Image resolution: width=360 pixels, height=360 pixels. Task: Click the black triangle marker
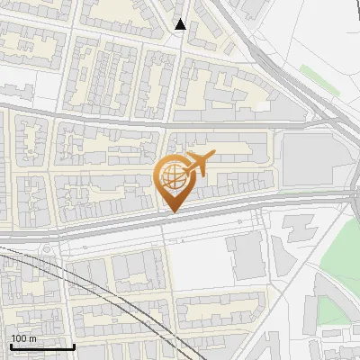click(x=180, y=24)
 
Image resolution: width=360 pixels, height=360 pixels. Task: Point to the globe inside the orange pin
click(x=172, y=178)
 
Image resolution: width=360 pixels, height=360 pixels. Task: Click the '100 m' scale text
click(x=23, y=338)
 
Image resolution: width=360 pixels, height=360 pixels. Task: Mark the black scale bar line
click(x=41, y=346)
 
